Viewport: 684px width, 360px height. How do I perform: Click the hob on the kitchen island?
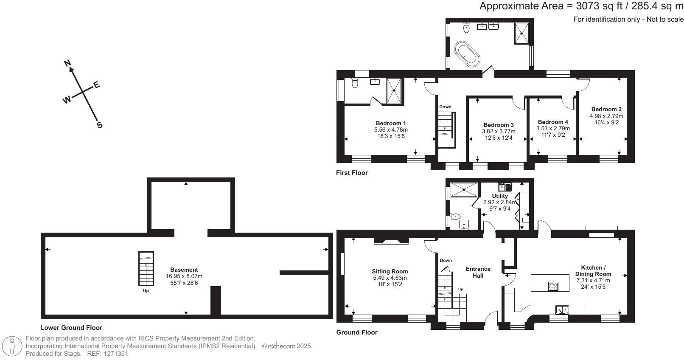[x=553, y=287]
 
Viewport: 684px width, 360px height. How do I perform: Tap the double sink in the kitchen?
[x=562, y=309]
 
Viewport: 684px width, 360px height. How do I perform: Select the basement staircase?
[x=146, y=268]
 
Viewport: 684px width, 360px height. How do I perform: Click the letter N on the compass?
[x=67, y=63]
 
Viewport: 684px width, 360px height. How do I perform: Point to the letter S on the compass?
[x=100, y=125]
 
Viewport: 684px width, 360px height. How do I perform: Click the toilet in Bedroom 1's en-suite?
[x=355, y=83]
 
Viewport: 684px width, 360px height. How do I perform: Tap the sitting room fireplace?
[x=392, y=241]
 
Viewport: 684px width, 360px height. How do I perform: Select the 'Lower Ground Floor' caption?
[x=71, y=328]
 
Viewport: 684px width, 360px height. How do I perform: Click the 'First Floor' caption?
[x=352, y=173]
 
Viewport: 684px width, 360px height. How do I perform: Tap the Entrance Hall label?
[x=478, y=272]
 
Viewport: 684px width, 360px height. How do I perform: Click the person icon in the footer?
[x=12, y=346]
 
